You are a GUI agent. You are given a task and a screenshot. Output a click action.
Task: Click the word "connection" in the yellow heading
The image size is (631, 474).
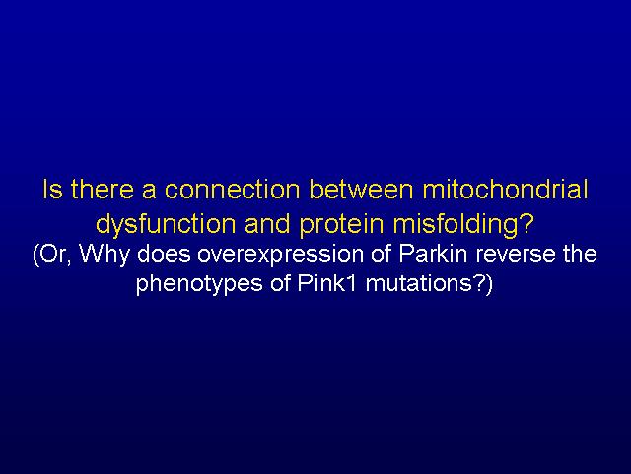click(x=233, y=189)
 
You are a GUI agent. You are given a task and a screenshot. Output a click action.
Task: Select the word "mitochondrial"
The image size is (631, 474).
click(x=505, y=189)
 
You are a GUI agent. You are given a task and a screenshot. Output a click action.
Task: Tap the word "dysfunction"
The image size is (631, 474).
click(x=166, y=224)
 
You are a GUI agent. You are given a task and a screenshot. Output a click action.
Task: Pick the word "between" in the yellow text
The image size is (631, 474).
click(x=362, y=189)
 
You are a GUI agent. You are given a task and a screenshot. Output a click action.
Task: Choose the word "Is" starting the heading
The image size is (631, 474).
click(x=52, y=189)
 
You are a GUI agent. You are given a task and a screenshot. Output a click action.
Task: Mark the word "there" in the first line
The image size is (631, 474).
click(x=103, y=189)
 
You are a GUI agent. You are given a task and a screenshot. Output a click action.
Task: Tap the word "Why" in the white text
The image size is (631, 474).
click(x=105, y=255)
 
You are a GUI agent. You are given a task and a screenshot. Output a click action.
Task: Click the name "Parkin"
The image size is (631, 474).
click(x=433, y=253)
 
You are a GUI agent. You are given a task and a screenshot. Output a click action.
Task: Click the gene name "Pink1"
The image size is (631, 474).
click(x=326, y=283)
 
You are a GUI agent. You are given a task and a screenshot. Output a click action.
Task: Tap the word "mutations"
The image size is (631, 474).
click(x=418, y=283)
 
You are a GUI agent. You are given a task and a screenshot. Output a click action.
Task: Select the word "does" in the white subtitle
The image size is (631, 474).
click(x=164, y=253)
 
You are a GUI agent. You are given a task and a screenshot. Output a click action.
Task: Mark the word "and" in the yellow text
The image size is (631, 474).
click(x=267, y=224)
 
